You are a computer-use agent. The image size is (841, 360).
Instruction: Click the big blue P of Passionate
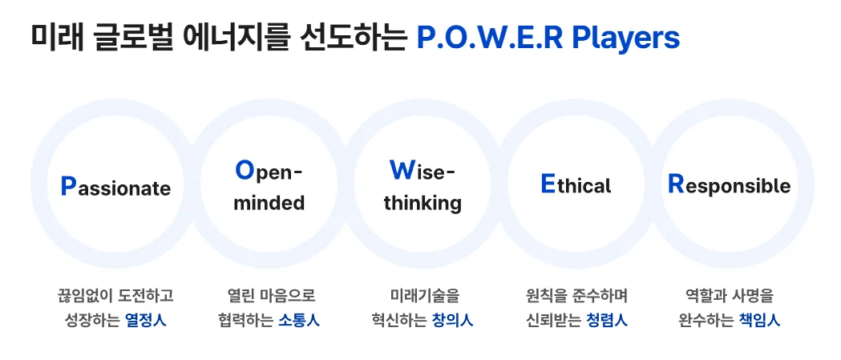[x=69, y=186]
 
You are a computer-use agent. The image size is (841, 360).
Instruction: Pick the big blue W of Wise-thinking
[x=400, y=170]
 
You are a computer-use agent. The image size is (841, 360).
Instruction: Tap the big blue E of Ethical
[x=548, y=184]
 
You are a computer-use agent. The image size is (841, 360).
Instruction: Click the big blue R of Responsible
[x=676, y=184]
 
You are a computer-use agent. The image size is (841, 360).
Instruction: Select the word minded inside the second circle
[x=269, y=203]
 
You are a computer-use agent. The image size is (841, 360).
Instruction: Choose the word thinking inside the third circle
[x=423, y=203]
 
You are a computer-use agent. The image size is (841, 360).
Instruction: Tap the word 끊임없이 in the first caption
[x=75, y=296]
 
